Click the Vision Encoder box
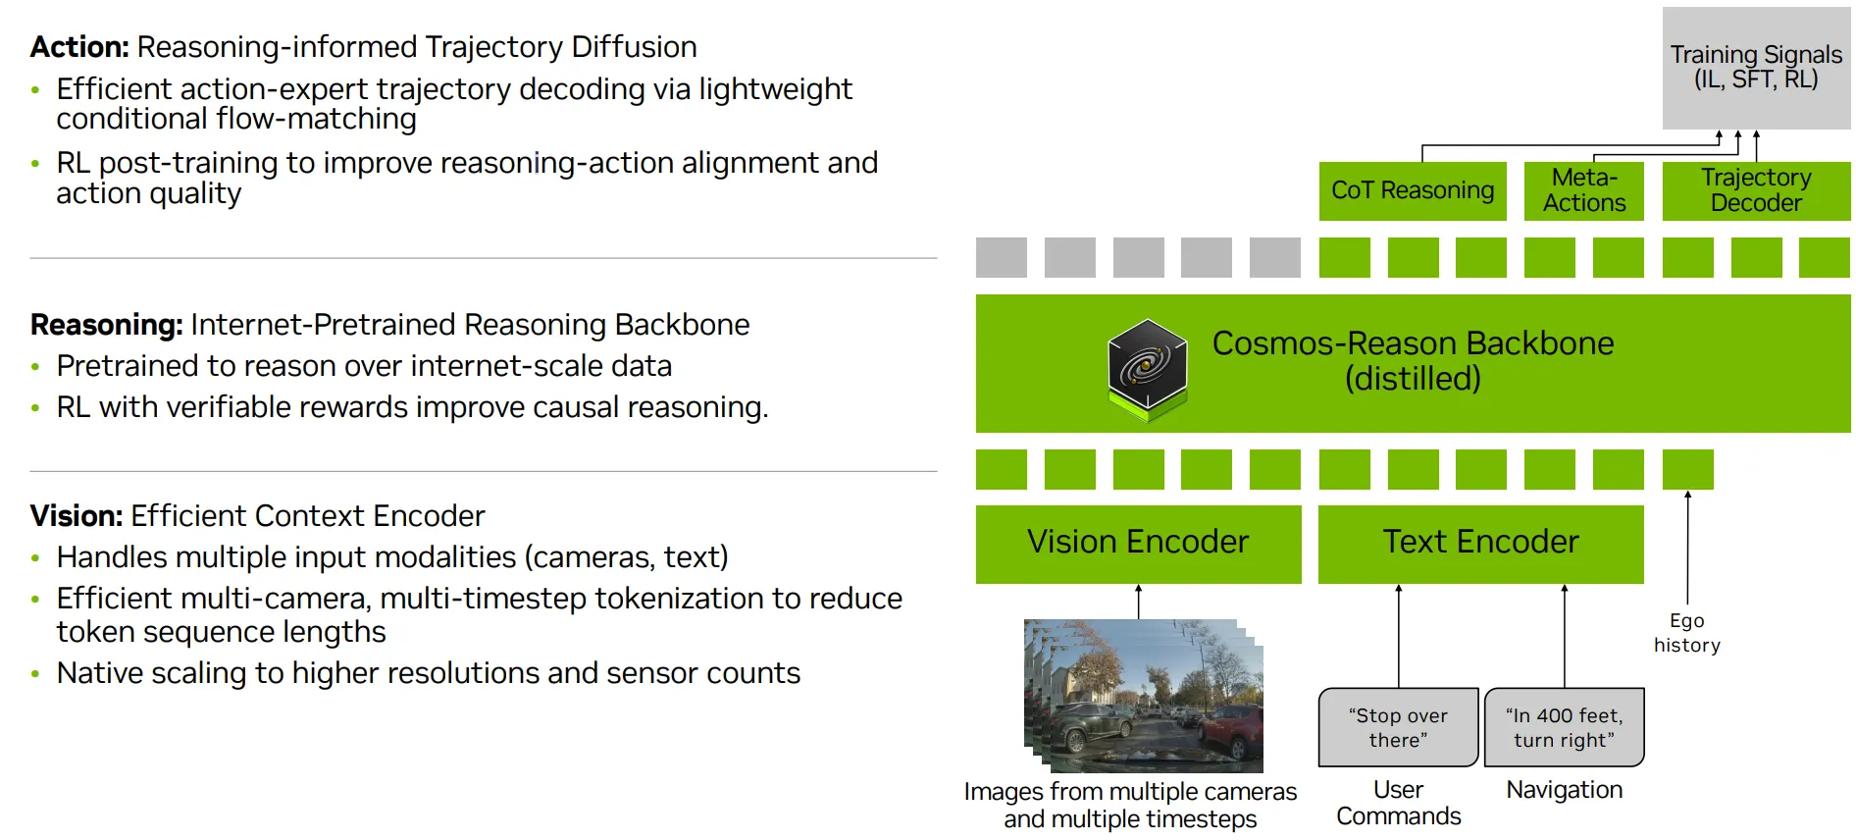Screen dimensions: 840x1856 [1138, 543]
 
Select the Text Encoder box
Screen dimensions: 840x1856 [1480, 543]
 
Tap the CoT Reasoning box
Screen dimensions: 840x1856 [1412, 190]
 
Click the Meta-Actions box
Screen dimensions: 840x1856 [1583, 190]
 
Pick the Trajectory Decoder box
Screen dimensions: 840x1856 [1755, 190]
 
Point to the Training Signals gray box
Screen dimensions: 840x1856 [1755, 67]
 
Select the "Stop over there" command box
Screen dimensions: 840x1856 [1398, 728]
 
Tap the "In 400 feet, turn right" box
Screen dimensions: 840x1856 [1564, 728]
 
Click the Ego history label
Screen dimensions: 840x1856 [1686, 633]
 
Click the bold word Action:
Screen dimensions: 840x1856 [79, 47]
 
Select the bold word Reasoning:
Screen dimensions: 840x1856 [106, 325]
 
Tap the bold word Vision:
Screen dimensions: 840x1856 [76, 516]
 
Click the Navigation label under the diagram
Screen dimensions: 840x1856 [1564, 790]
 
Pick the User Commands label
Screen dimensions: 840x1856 [1398, 803]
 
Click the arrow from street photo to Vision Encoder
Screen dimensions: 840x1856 [1138, 601]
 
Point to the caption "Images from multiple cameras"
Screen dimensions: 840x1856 [1130, 792]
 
